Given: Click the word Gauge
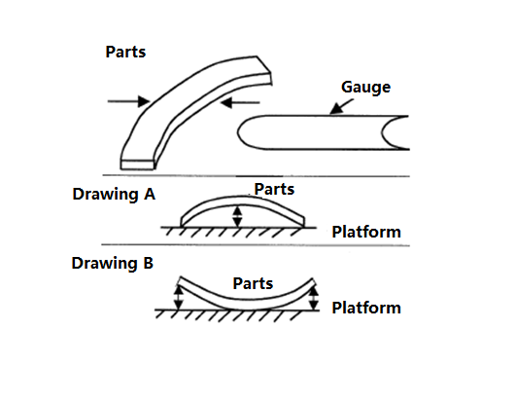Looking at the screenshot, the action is click(365, 88).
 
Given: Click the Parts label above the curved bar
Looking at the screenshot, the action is click(125, 52).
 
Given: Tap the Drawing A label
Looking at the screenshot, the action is click(114, 194).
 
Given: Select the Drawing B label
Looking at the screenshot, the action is click(112, 263).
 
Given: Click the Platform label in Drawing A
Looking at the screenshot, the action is click(366, 232).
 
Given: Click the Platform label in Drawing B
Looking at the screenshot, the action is click(366, 308).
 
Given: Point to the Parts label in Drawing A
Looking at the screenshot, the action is click(274, 189).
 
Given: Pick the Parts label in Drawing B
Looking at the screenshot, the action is click(253, 283).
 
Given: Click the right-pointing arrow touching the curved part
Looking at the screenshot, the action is click(128, 101).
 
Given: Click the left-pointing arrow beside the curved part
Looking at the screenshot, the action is click(240, 103).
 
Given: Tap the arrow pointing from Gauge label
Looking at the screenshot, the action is click(341, 106).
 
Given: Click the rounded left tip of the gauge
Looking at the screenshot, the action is click(238, 132).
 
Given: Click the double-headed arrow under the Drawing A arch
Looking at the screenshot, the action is click(237, 216).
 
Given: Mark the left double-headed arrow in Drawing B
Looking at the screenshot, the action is click(179, 298).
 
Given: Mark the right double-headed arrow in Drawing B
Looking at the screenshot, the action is click(314, 298).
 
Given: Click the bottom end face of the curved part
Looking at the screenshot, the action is click(138, 164).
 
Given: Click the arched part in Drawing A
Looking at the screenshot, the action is click(243, 201).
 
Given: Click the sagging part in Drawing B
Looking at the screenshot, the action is click(247, 304).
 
